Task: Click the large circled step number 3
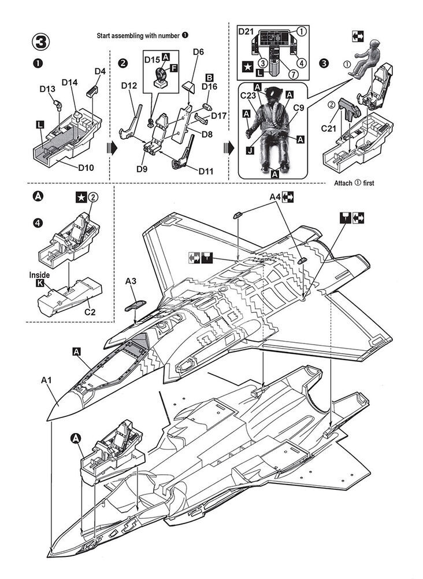pyautogui.click(x=40, y=42)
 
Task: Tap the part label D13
pyautogui.click(x=47, y=89)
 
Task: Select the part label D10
pyautogui.click(x=86, y=168)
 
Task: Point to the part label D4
pyautogui.click(x=100, y=71)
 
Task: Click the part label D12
pyautogui.click(x=129, y=86)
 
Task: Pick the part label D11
pyautogui.click(x=206, y=171)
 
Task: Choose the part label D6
pyautogui.click(x=198, y=52)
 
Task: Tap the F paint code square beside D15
pyautogui.click(x=173, y=68)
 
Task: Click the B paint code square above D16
pyautogui.click(x=209, y=78)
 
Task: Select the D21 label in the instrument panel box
pyautogui.click(x=246, y=31)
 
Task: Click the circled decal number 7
pyautogui.click(x=293, y=74)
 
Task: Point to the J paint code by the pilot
pyautogui.click(x=250, y=151)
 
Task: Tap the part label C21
pyautogui.click(x=329, y=129)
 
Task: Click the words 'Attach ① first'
pyautogui.click(x=354, y=183)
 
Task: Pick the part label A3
pyautogui.click(x=131, y=281)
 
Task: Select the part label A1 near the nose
pyautogui.click(x=46, y=380)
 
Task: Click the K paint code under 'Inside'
pyautogui.click(x=39, y=283)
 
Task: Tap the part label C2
pyautogui.click(x=90, y=312)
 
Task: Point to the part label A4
pyautogui.click(x=275, y=197)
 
